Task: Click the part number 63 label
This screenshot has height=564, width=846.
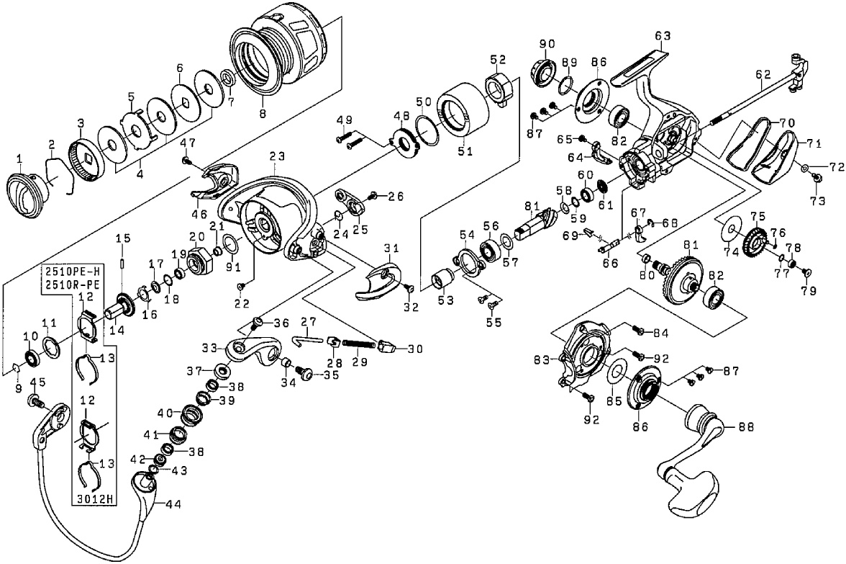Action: (x=663, y=35)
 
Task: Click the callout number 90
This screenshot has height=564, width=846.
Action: (x=543, y=44)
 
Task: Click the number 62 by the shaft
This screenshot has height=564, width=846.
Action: (x=763, y=74)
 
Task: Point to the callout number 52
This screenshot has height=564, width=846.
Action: (x=499, y=59)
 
